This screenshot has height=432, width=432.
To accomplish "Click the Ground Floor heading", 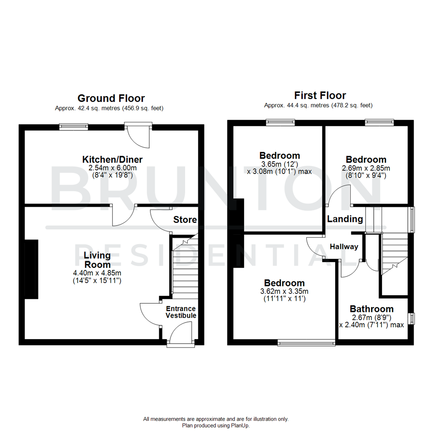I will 111,98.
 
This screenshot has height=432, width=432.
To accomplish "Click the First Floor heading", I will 320,96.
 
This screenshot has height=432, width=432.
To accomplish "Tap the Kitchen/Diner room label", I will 112,160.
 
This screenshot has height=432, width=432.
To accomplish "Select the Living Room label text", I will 97,260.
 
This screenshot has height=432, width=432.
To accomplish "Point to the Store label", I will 185,220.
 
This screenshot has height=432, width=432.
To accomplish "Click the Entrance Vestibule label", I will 181,312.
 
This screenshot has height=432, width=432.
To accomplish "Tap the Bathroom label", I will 372,309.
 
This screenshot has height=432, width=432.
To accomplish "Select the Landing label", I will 345,219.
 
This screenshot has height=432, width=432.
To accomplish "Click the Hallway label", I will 344,247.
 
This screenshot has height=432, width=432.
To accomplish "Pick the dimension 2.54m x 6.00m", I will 112,168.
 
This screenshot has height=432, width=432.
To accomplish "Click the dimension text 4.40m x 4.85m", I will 97,273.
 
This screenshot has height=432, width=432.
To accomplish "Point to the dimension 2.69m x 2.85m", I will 366,168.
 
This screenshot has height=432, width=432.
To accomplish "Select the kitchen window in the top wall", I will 74,127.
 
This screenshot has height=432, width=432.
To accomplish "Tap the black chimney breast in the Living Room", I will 32,269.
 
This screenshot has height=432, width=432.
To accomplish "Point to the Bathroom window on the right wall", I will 413,319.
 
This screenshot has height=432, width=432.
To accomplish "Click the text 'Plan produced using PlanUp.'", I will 216,426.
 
